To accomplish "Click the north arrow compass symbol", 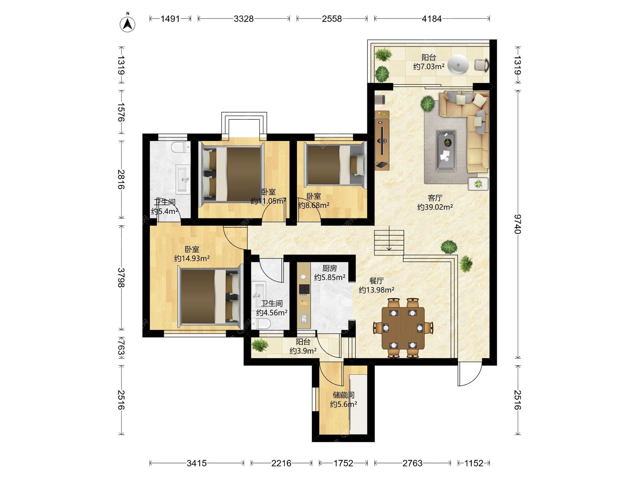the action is point(127,23).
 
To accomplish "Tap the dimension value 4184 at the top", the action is point(432,19).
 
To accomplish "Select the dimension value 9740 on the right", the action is point(517,224).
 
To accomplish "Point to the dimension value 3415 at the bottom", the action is point(197,463).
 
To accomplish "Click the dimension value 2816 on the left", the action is point(121,179).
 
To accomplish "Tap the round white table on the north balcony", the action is point(458,65).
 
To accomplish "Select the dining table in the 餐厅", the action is point(403,328).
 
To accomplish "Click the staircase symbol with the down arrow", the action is point(389,242).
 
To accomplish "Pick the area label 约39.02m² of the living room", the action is point(435,207).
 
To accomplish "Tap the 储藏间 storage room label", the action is point(343,395).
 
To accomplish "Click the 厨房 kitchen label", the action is point(329,268).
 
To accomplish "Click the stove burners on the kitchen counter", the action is point(304,289).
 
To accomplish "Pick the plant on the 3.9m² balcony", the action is point(260,345).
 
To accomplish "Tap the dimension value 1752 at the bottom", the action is point(343,463).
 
